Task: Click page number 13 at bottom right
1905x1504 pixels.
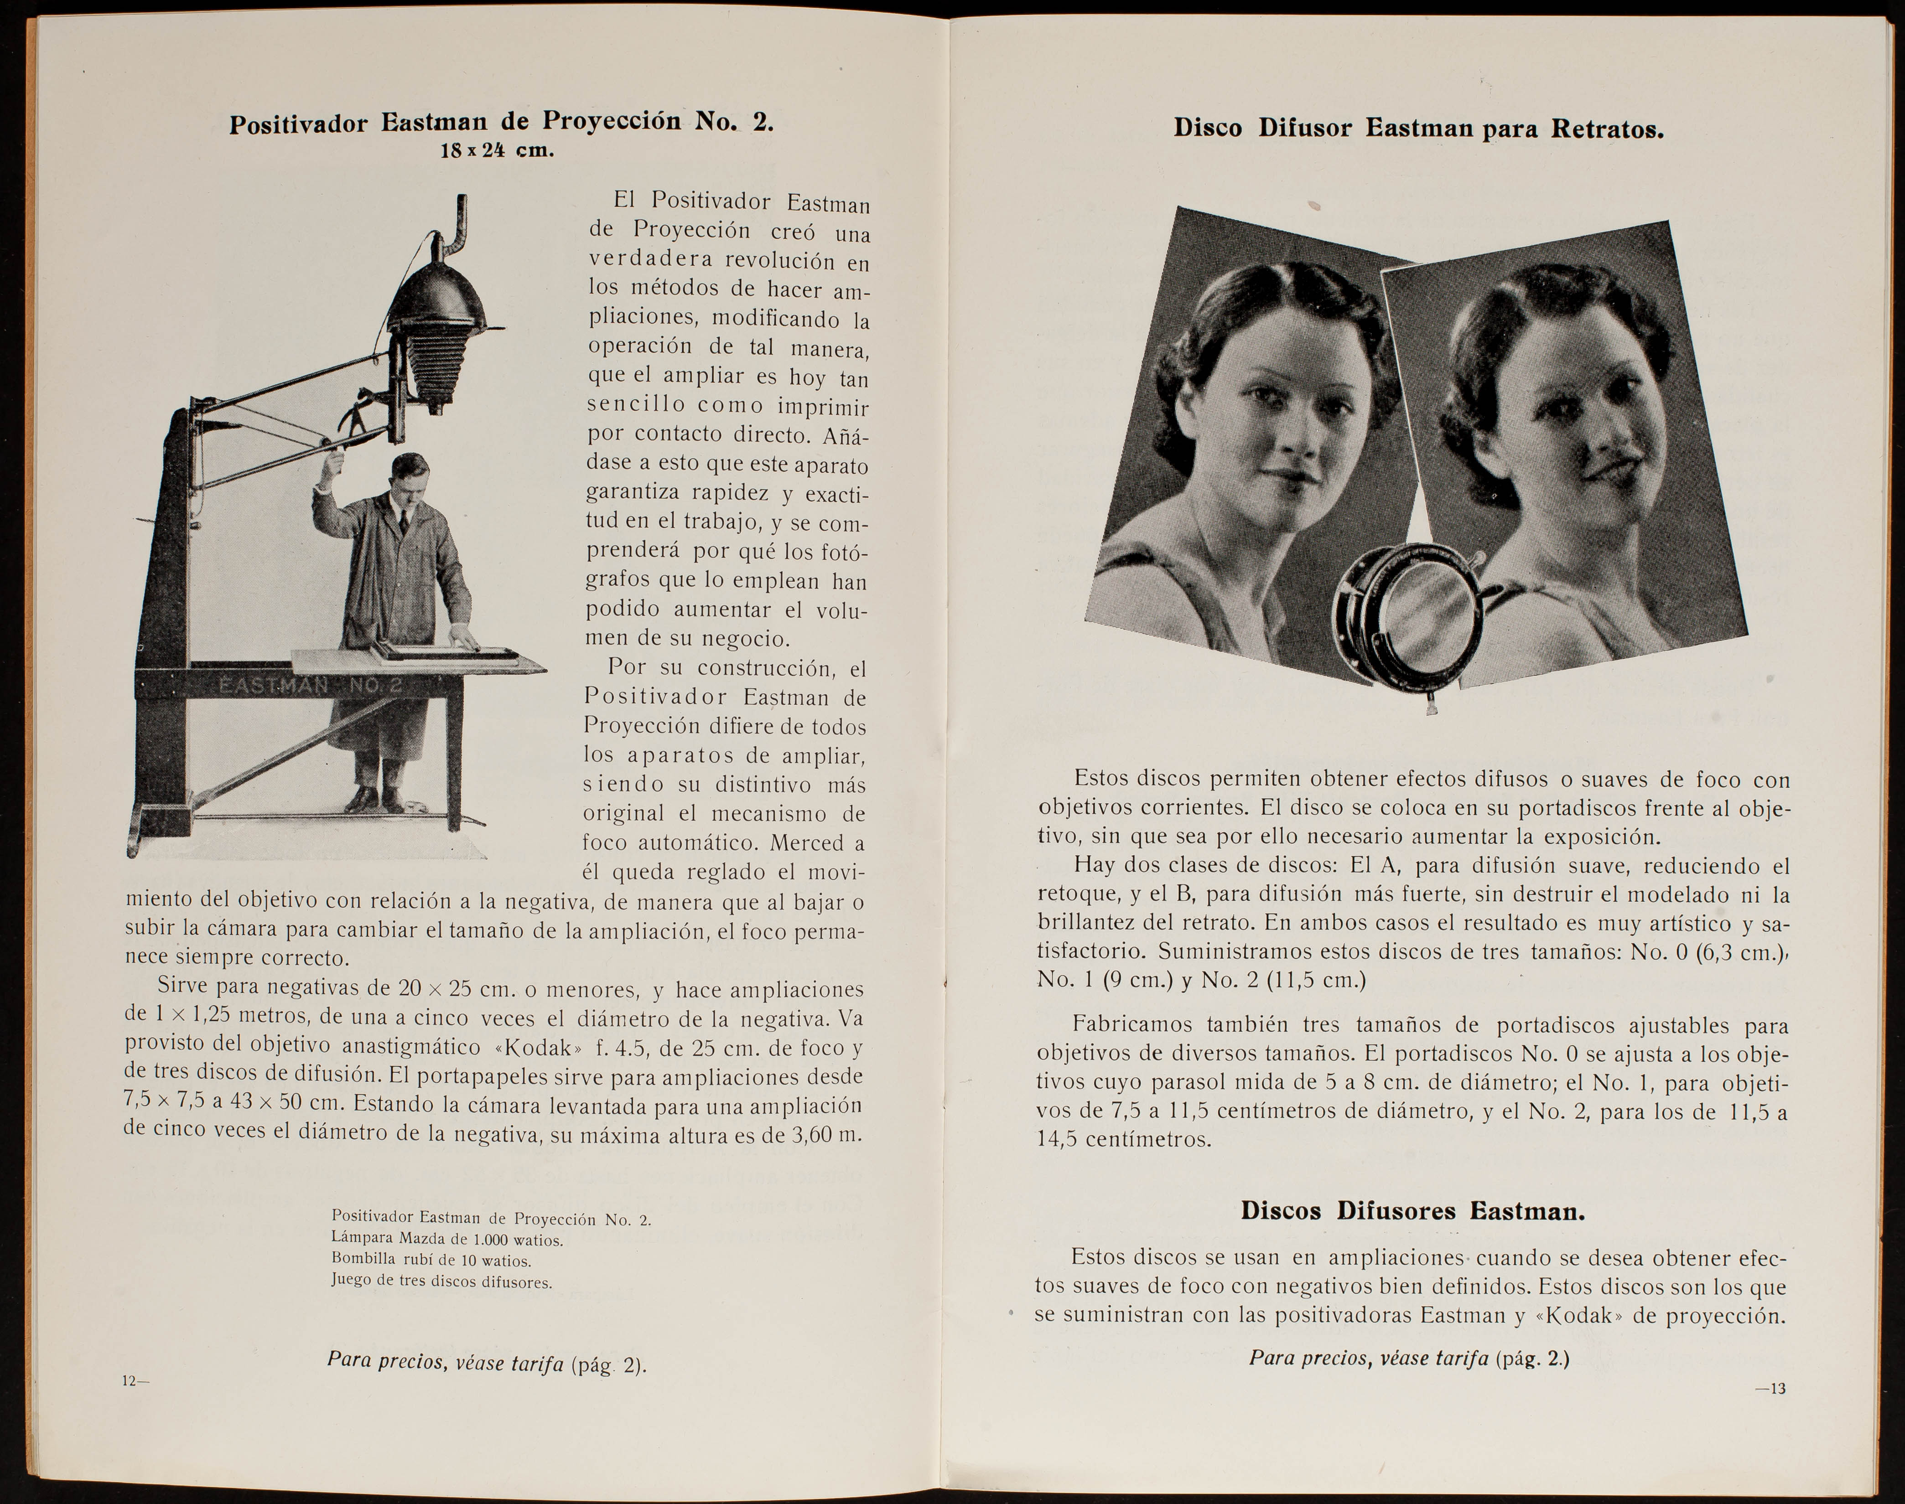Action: (x=1770, y=1389)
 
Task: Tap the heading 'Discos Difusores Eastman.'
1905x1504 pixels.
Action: (x=1413, y=1211)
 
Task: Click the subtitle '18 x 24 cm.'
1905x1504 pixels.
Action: (x=497, y=150)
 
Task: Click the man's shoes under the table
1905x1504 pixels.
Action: (x=377, y=799)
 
